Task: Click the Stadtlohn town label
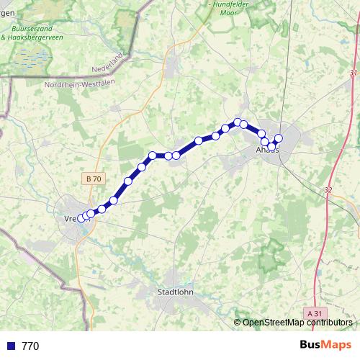(175, 293)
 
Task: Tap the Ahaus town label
(267, 150)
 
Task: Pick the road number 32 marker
(328, 189)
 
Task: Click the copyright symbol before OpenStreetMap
(238, 323)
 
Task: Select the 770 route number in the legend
(30, 346)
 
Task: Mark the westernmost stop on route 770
(81, 218)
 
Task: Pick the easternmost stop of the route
(279, 138)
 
